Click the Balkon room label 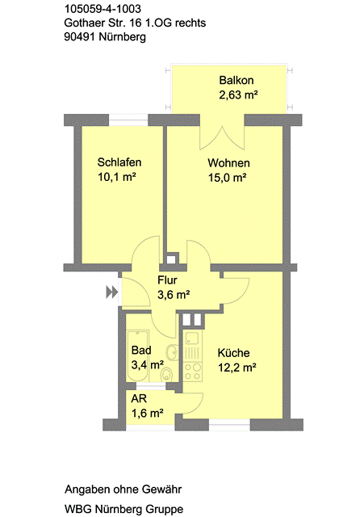pyautogui.click(x=237, y=81)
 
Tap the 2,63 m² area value pyautogui.click(x=237, y=96)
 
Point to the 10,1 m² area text pyautogui.click(x=116, y=178)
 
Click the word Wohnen pyautogui.click(x=226, y=162)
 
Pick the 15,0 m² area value pyautogui.click(x=227, y=178)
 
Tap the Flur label pyautogui.click(x=167, y=280)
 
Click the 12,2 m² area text pyautogui.click(x=237, y=368)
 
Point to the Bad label pyautogui.click(x=141, y=351)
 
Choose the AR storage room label pyautogui.click(x=139, y=400)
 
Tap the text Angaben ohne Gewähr pyautogui.click(x=123, y=490)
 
